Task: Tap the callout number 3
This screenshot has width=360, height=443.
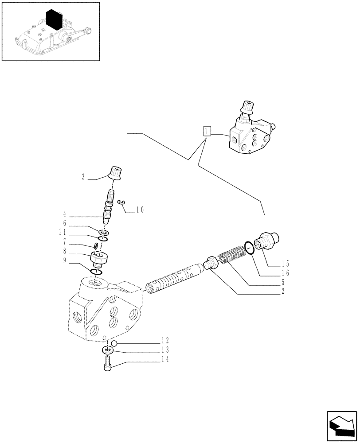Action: pyautogui.click(x=83, y=177)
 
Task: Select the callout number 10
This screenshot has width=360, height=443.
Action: pyautogui.click(x=140, y=210)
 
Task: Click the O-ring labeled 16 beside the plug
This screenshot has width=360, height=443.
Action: pyautogui.click(x=249, y=248)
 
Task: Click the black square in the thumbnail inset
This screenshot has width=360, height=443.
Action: pyautogui.click(x=55, y=20)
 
